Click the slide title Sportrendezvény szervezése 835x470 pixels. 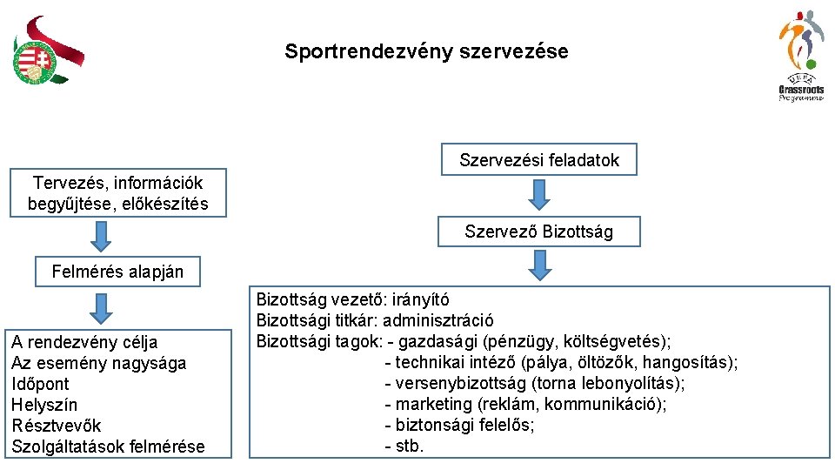426,51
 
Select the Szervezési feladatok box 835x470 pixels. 539,160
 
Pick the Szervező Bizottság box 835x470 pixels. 539,232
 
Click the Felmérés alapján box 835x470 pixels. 117,272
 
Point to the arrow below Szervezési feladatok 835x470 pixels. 539,195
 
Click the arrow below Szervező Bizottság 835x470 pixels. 539,265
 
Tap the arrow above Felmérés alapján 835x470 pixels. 103,235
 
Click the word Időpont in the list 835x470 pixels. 40,384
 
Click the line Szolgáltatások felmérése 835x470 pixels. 108,446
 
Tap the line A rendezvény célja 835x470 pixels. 84,342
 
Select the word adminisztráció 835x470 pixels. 438,320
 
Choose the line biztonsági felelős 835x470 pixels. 464,425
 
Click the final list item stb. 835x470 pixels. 410,446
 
